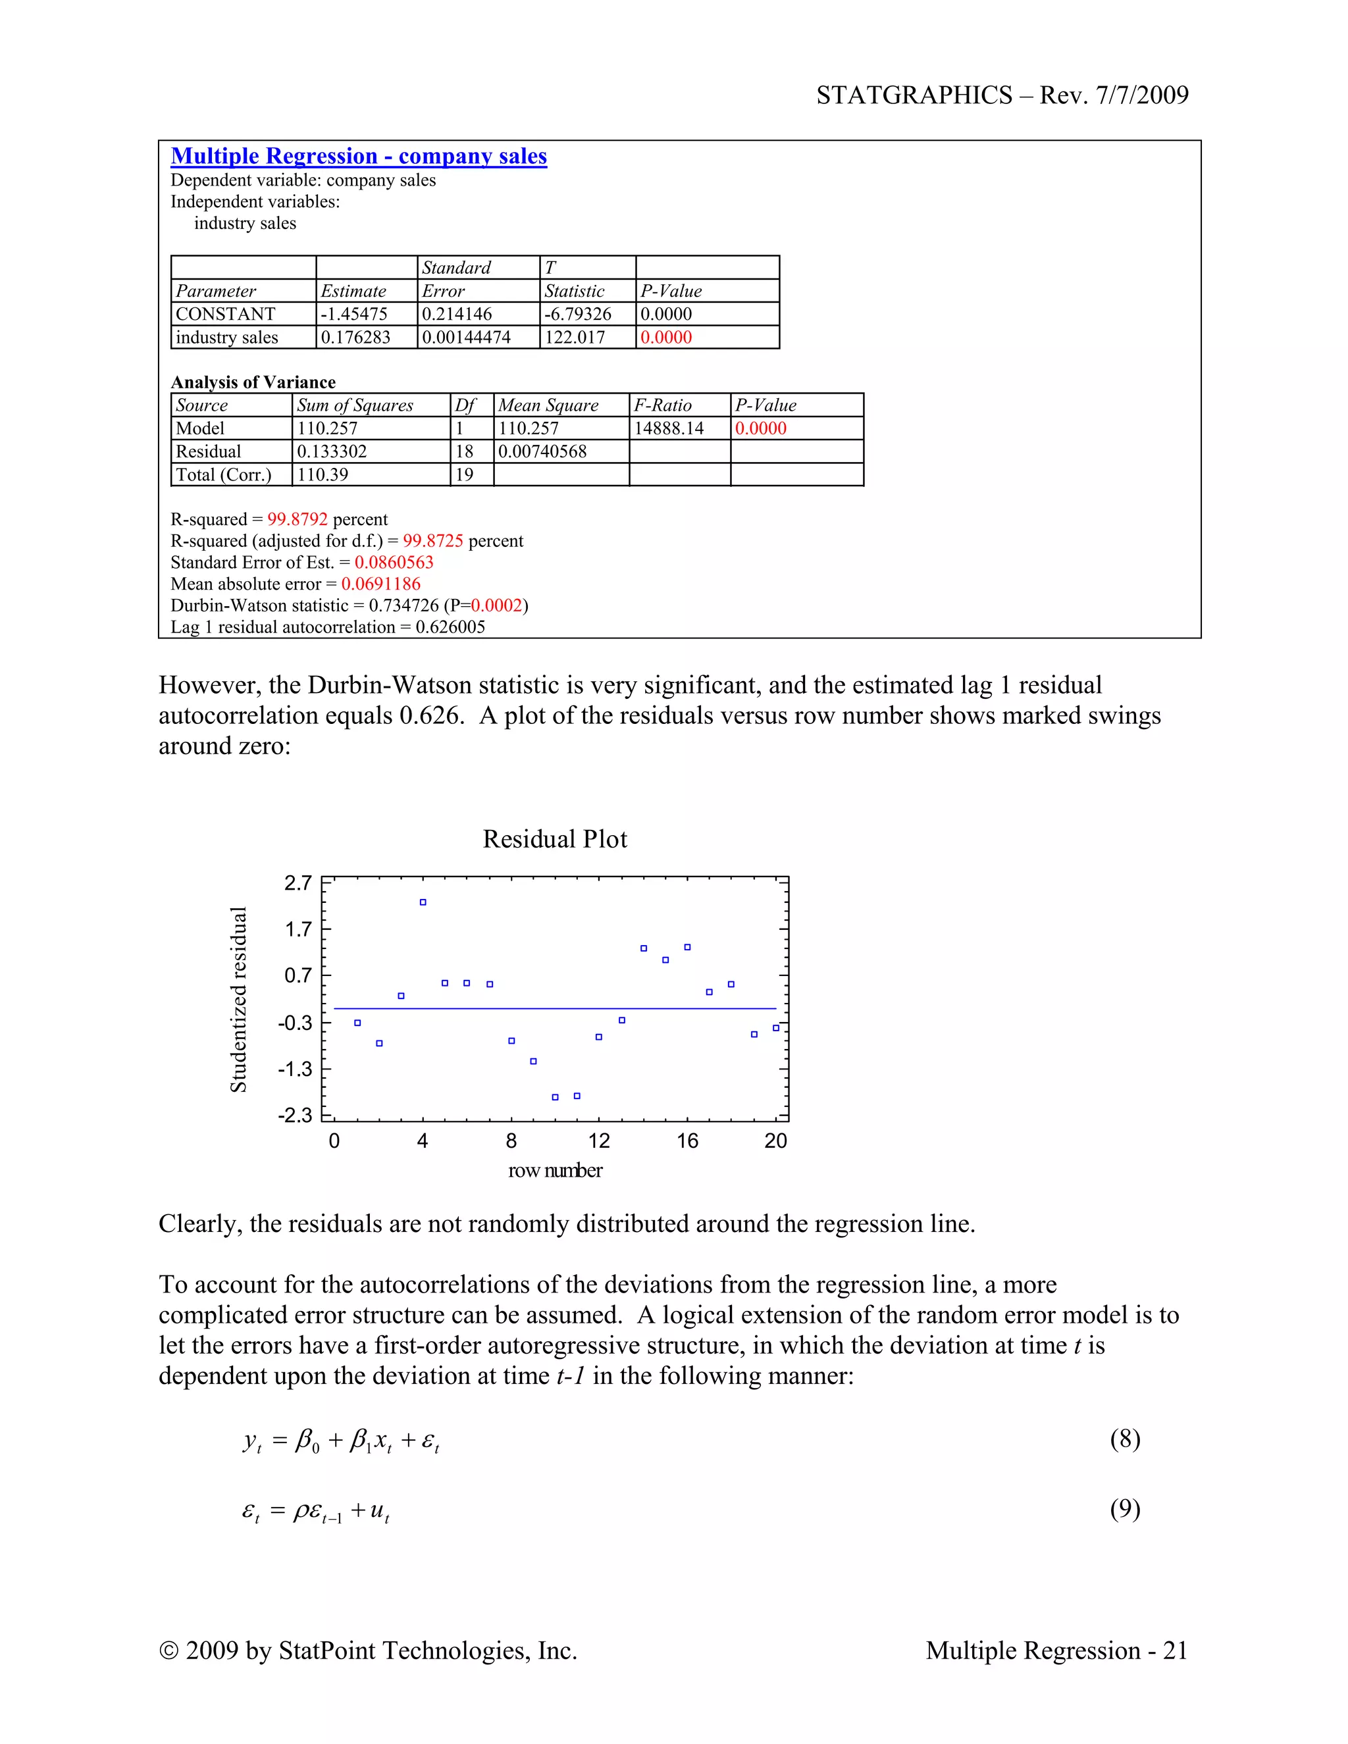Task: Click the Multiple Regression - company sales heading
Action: (x=359, y=156)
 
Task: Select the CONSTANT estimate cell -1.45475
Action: (x=353, y=314)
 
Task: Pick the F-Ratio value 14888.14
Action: (x=669, y=428)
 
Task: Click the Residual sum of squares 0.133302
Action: (x=332, y=451)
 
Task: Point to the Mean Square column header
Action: (x=548, y=405)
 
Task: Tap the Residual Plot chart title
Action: (x=555, y=839)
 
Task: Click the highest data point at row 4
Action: (x=423, y=902)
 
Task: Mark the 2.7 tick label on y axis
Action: (x=298, y=883)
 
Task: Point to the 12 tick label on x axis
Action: (x=599, y=1141)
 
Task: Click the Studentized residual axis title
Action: (x=238, y=999)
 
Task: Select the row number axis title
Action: (x=555, y=1171)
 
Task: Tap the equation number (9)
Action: (x=1124, y=1508)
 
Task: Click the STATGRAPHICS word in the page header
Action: (x=914, y=95)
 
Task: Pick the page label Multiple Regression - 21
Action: (x=1056, y=1651)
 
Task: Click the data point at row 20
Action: (x=776, y=1028)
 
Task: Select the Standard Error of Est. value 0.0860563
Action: (x=394, y=562)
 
